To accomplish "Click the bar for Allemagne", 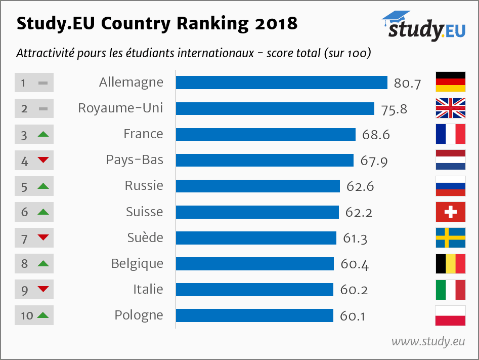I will [x=281, y=83].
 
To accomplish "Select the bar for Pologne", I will [x=254, y=315].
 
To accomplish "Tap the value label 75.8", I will [x=394, y=109].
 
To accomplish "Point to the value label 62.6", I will [x=360, y=186].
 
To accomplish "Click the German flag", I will [x=450, y=82].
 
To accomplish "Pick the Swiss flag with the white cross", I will [x=450, y=212].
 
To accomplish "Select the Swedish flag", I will [x=450, y=238].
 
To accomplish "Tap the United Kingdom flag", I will [x=450, y=108].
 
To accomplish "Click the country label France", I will [x=143, y=134].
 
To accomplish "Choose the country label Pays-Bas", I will [x=135, y=160].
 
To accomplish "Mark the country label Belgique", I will [x=137, y=263].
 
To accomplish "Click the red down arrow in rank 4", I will [x=43, y=161].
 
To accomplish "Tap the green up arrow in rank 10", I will [x=43, y=315].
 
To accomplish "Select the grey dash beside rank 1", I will [x=43, y=82].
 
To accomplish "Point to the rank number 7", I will [x=24, y=238].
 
